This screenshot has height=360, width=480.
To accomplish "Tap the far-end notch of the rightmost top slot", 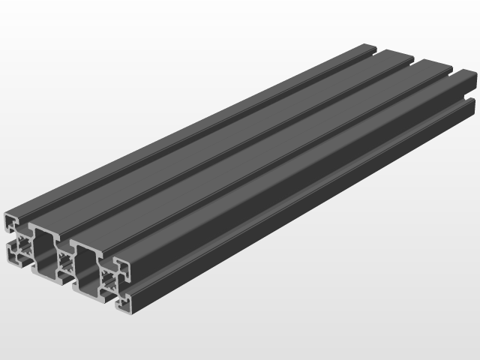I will [x=453, y=72].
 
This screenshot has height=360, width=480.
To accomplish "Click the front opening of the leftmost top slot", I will [x=28, y=222].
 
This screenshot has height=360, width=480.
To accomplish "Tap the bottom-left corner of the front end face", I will [x=9, y=259].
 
